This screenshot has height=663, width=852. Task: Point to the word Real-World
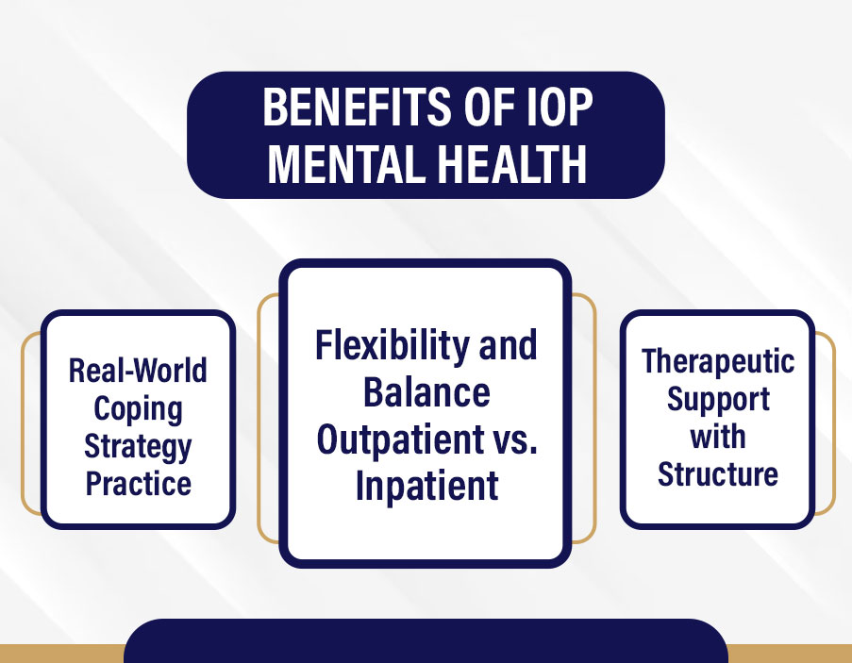(138, 370)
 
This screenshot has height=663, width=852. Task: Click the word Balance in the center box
(426, 392)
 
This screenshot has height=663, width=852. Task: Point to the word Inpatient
(426, 487)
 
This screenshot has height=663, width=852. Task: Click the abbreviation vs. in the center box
(516, 439)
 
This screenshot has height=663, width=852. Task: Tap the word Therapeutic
(718, 361)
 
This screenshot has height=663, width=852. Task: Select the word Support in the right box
(718, 399)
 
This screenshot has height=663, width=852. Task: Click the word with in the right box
(718, 437)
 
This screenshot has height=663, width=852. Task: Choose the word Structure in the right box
(718, 473)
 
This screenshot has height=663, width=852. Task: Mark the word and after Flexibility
(508, 345)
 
